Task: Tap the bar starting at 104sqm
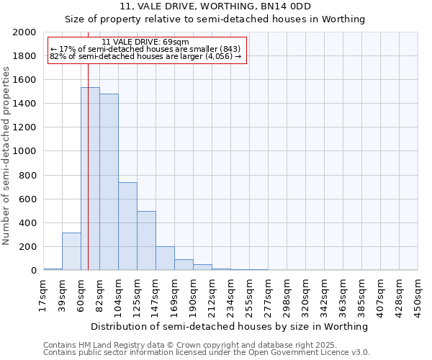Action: coord(127,226)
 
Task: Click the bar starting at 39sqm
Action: coord(71,251)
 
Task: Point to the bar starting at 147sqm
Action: coord(165,258)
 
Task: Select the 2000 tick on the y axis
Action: coord(25,32)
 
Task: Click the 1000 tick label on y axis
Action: coord(25,151)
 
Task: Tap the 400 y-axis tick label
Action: coord(28,222)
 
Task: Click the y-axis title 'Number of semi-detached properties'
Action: coord(6,156)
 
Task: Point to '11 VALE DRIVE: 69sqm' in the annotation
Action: coord(145,42)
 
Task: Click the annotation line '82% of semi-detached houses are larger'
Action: coord(145,56)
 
